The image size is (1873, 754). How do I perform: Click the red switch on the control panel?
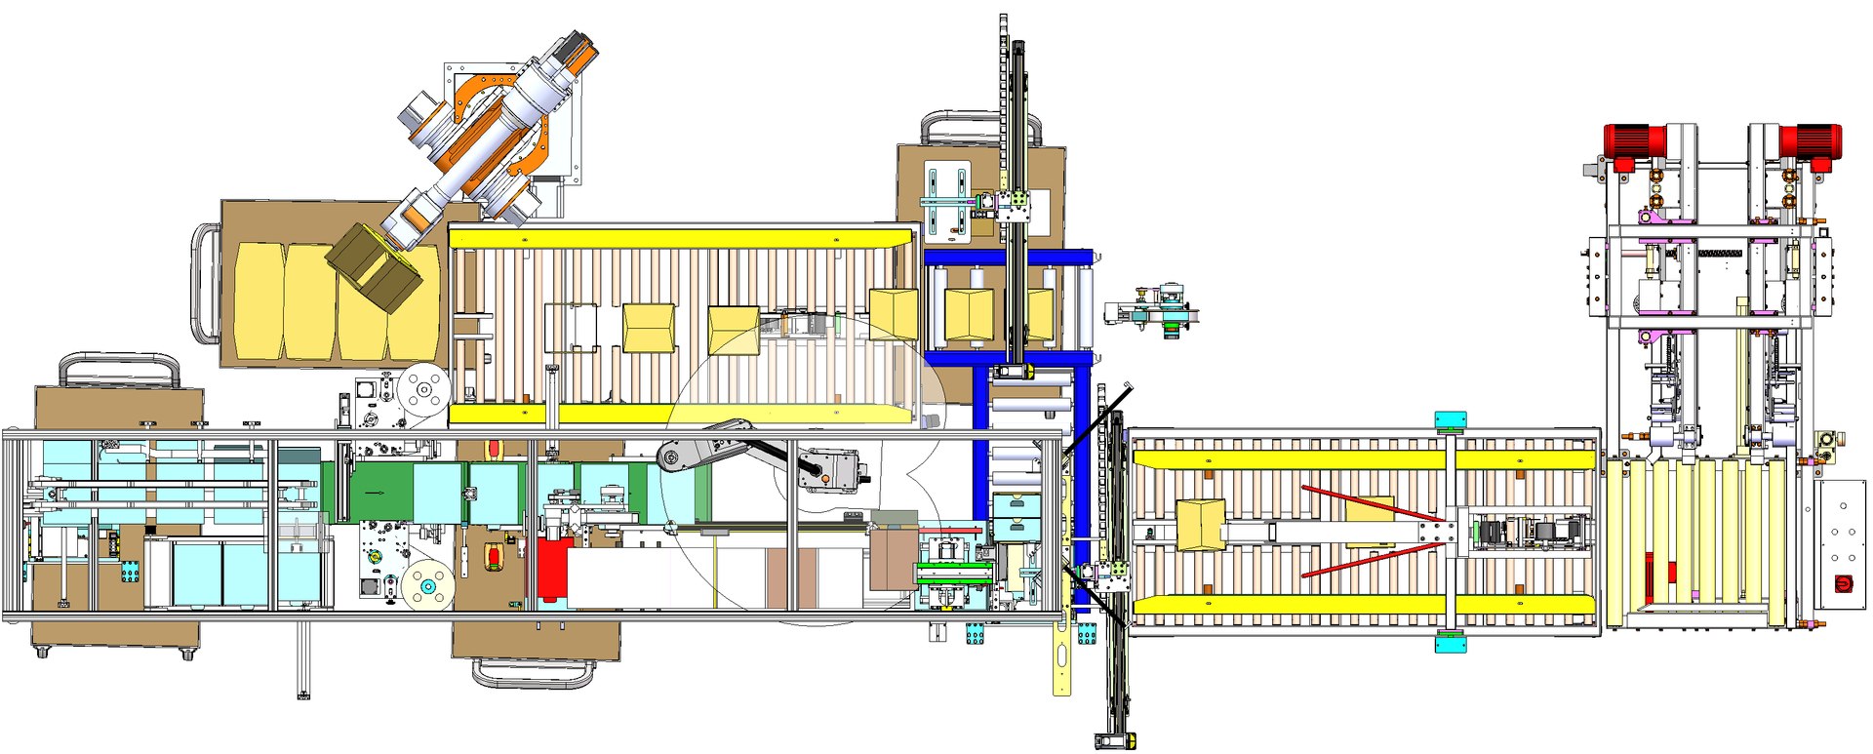click(x=1844, y=584)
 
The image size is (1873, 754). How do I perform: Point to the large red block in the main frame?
click(x=552, y=570)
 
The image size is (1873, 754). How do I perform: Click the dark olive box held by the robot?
click(x=374, y=266)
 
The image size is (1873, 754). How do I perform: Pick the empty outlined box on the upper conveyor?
click(x=572, y=327)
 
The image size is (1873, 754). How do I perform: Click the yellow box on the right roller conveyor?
click(x=1201, y=525)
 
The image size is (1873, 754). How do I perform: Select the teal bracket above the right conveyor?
click(x=1451, y=421)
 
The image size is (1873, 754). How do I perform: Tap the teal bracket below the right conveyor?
click(x=1450, y=643)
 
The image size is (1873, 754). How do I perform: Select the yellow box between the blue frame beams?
click(x=969, y=314)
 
